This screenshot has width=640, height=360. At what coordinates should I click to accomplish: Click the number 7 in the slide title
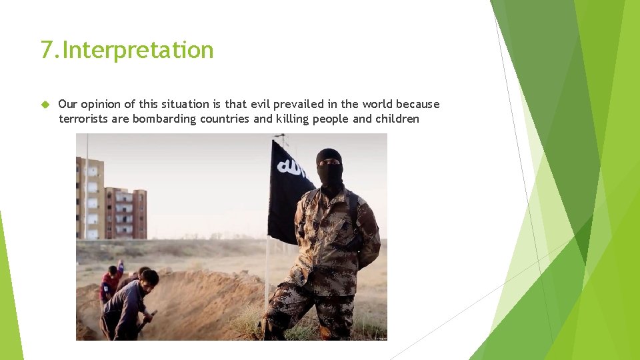(47, 50)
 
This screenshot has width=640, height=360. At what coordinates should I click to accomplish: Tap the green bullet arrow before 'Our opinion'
(45, 104)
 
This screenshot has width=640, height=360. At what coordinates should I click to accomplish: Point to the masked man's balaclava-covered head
(329, 167)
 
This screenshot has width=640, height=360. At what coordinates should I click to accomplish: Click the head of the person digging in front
(149, 277)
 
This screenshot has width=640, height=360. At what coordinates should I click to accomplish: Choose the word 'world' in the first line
(377, 104)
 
